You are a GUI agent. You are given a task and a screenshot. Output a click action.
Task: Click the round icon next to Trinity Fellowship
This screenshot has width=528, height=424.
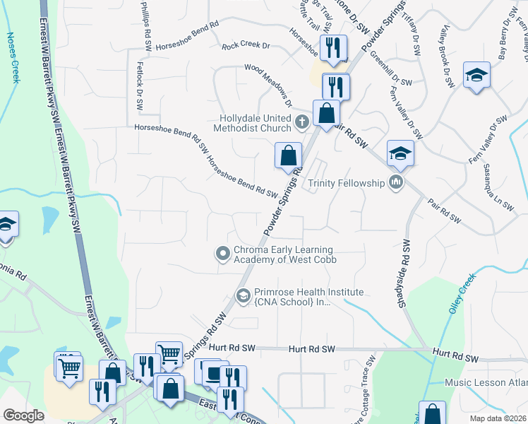[x=395, y=183]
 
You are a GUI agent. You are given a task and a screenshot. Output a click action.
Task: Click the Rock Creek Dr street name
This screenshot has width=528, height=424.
[x=246, y=46]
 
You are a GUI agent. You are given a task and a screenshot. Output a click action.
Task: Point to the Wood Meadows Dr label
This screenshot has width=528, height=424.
[x=268, y=83]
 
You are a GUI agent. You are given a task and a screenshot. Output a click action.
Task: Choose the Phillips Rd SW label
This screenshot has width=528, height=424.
[x=147, y=21]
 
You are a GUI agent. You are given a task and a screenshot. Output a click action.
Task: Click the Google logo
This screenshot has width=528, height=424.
[x=24, y=416]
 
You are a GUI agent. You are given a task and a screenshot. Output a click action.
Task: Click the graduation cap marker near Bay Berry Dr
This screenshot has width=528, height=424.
[x=477, y=75]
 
